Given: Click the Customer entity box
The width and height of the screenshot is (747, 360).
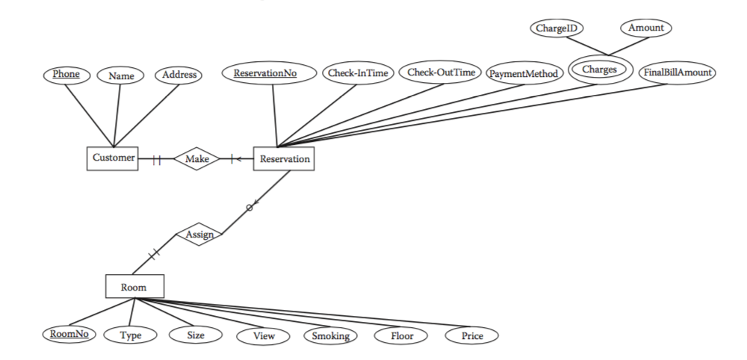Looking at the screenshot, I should click(x=113, y=158).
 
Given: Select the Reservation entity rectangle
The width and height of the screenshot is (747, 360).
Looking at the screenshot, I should click(x=283, y=158).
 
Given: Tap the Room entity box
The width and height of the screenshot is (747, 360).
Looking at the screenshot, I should click(x=134, y=286).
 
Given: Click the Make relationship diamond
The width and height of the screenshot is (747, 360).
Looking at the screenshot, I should click(x=196, y=158).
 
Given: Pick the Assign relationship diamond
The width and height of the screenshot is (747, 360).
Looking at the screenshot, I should click(x=199, y=235).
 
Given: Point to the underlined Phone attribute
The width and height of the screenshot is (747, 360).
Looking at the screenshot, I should click(x=65, y=75).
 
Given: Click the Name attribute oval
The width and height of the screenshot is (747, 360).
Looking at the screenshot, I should click(x=120, y=75).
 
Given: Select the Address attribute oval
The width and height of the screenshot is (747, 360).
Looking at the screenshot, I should click(x=179, y=75).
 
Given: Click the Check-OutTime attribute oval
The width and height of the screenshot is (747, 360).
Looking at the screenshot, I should click(x=441, y=72).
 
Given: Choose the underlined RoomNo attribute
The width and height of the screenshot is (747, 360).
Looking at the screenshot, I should click(x=68, y=335).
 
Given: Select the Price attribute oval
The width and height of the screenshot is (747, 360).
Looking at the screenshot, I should click(x=471, y=336).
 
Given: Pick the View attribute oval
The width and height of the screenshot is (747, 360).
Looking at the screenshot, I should click(x=264, y=336).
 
